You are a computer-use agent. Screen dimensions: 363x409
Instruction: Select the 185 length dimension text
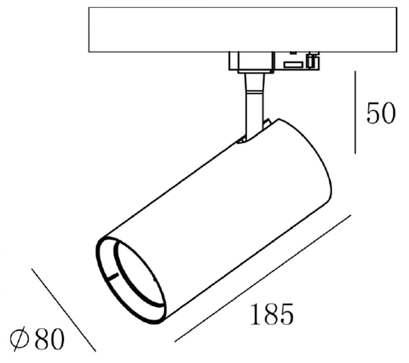tap(272, 314)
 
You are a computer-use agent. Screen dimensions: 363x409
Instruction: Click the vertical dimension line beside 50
tap(355, 112)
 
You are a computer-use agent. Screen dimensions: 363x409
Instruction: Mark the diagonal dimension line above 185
tap(262, 278)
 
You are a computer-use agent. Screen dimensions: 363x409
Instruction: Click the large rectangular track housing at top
tap(242, 30)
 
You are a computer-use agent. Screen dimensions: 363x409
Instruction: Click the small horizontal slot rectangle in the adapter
tap(294, 64)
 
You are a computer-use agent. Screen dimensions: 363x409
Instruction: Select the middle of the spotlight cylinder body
tap(218, 218)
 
